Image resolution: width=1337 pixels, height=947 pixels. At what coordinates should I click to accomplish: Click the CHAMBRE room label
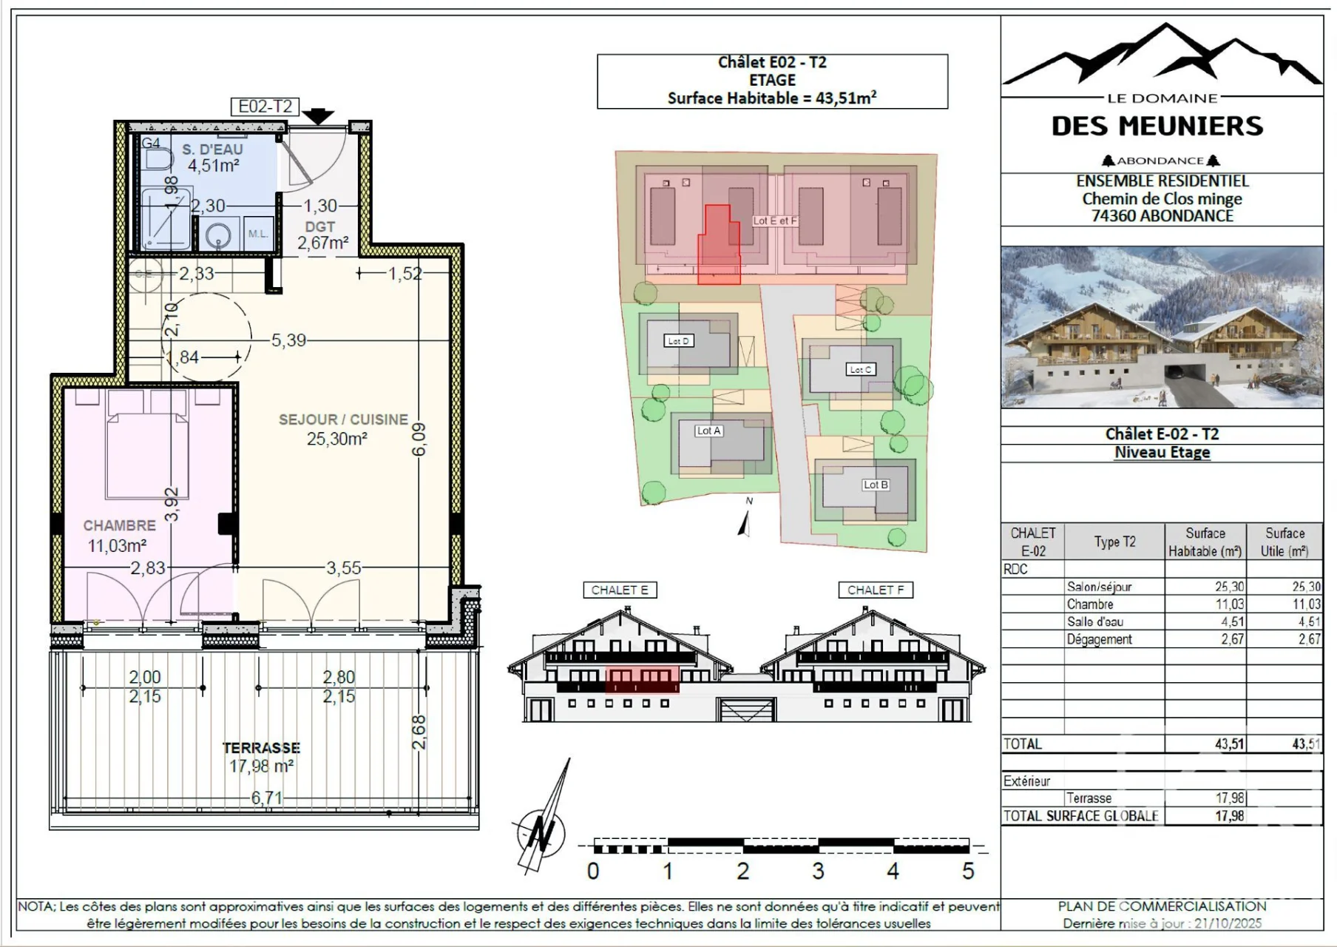tap(119, 525)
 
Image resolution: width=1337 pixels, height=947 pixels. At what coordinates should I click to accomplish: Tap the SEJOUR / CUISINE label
tap(343, 419)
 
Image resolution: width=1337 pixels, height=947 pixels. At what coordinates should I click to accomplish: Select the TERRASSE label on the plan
tap(261, 748)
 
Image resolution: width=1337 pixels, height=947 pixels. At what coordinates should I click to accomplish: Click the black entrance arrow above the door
tap(318, 116)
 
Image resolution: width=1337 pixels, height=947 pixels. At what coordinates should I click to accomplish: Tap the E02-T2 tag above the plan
tap(265, 107)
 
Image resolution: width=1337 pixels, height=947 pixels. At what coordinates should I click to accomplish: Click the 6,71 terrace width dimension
tap(266, 798)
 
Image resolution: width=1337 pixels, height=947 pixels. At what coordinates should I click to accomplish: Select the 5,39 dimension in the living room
tap(288, 340)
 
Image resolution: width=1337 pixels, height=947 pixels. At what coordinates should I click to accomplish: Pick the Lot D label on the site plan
tap(678, 341)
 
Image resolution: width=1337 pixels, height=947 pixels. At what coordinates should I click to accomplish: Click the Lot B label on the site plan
tap(876, 485)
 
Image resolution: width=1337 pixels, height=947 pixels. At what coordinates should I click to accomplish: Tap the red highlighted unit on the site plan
tap(718, 246)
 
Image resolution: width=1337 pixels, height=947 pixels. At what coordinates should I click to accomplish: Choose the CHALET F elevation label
tap(876, 590)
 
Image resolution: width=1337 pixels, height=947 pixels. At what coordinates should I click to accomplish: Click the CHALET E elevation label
tap(620, 590)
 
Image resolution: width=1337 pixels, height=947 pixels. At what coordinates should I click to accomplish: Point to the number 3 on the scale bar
tap(818, 871)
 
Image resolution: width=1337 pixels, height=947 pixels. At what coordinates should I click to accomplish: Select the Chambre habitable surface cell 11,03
tap(1229, 604)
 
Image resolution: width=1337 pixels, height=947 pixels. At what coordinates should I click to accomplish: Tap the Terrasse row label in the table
tap(1089, 798)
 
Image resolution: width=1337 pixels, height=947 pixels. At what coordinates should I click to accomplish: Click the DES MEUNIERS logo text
tap(1157, 127)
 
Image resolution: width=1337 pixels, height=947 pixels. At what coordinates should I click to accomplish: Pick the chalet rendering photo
tap(1162, 327)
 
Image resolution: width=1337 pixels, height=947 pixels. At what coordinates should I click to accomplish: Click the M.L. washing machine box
tap(257, 235)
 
